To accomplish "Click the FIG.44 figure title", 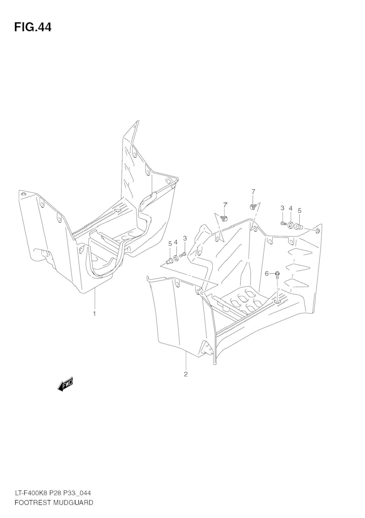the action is tap(33, 27).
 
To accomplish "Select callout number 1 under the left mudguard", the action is tap(94, 314).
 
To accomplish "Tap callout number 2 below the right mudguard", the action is tap(186, 374).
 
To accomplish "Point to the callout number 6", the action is tap(267, 274).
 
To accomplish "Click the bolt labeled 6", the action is tap(277, 275).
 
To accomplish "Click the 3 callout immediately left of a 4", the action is tap(282, 208).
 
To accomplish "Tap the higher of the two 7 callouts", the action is tap(253, 192).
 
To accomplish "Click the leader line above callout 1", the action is tap(95, 299).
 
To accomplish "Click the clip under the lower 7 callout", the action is tap(225, 218).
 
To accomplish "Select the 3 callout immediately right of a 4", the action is tap(185, 238).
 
